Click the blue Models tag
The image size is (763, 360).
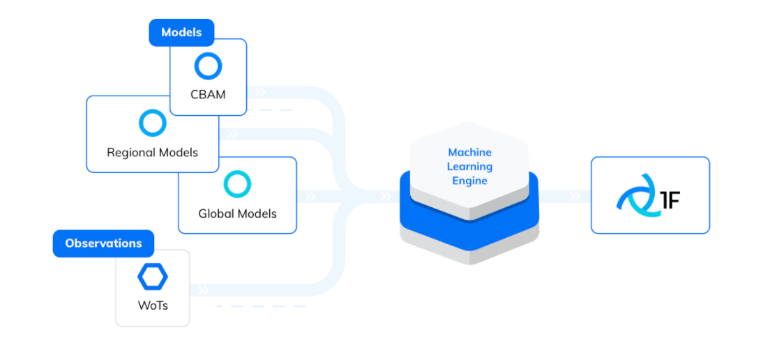pos(181,33)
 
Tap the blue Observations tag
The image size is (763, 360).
pos(103,243)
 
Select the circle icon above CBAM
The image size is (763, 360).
pos(208,66)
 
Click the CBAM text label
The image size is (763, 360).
pos(208,94)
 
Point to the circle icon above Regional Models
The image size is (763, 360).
pos(152,123)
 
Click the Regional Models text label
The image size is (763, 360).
pos(152,152)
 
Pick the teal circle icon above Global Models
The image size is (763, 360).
pos(237,184)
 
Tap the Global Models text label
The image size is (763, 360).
pos(237,213)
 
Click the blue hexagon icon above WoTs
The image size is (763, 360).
pos(152,278)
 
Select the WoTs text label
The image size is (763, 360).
pos(152,306)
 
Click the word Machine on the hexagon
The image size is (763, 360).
pos(469,152)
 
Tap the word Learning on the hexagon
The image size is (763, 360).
pos(469,167)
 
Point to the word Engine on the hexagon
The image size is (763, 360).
pos(469,181)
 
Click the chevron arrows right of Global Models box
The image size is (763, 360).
pos(310,197)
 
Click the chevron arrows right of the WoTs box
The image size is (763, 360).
pos(203,290)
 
